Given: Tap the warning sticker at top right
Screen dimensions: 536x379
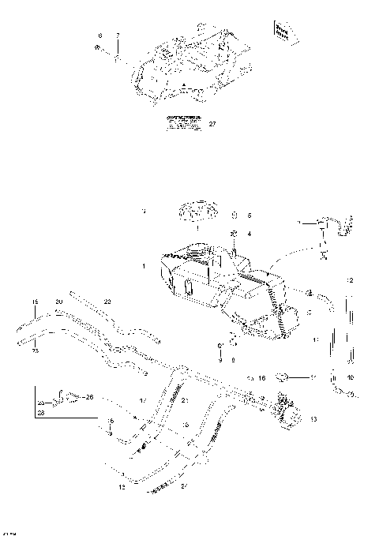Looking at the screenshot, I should (x=280, y=31).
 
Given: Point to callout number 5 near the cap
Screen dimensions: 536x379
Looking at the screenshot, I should (x=249, y=215).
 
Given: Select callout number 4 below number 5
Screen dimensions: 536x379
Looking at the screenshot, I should (x=249, y=234).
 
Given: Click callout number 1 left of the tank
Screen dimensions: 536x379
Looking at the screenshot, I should (x=144, y=268).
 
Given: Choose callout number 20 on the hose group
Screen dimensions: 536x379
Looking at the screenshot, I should (x=58, y=302).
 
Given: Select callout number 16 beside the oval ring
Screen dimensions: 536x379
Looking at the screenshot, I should (x=261, y=378).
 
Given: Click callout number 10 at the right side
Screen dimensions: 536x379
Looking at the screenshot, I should (x=351, y=377).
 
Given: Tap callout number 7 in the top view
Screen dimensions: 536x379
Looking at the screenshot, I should (x=117, y=36).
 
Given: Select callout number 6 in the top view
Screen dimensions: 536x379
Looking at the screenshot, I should (x=99, y=36).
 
